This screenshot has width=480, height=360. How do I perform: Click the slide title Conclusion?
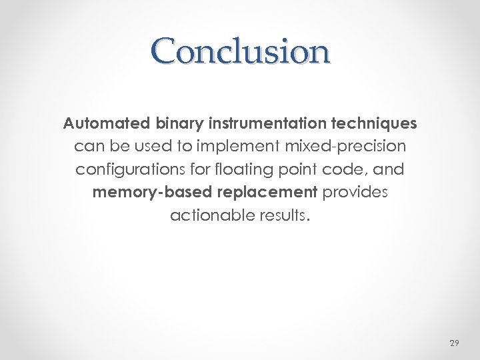240,51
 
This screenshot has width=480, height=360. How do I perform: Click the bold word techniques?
377,123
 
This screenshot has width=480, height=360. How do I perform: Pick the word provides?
355,193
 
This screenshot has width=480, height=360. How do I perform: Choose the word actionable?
210,216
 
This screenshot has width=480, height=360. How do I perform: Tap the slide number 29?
454,343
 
